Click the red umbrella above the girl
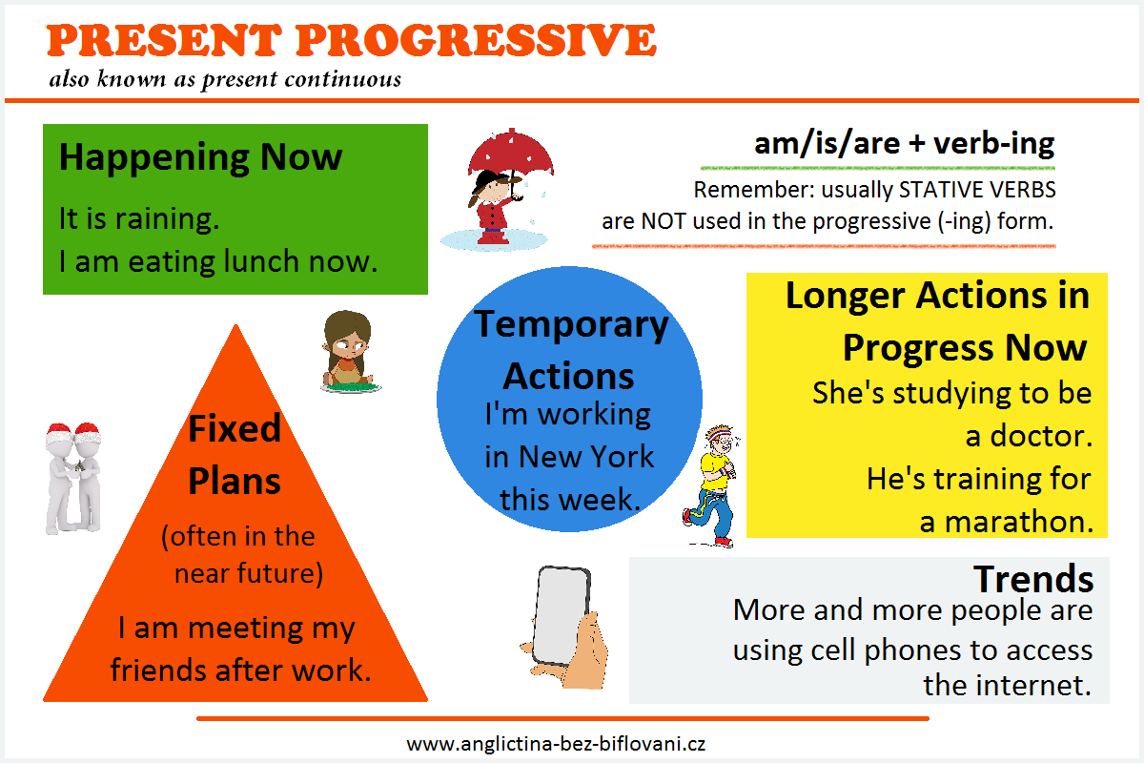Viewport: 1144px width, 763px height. pyautogui.click(x=510, y=154)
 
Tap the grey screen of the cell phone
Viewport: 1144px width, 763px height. pyautogui.click(x=561, y=615)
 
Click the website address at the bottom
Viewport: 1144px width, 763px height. pyautogui.click(x=556, y=744)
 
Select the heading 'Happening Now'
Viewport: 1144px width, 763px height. pyautogui.click(x=201, y=158)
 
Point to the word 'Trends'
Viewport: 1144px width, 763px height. pyautogui.click(x=1033, y=579)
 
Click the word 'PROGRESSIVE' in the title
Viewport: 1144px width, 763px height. pyautogui.click(x=476, y=40)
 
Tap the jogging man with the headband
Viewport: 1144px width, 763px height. pyautogui.click(x=711, y=486)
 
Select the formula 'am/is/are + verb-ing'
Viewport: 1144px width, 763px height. pyautogui.click(x=904, y=144)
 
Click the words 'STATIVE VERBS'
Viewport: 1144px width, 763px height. pyautogui.click(x=977, y=190)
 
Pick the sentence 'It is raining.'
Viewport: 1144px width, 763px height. pyautogui.click(x=139, y=218)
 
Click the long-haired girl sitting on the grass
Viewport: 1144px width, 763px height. pyautogui.click(x=349, y=352)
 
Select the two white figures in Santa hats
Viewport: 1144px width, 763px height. pyautogui.click(x=73, y=479)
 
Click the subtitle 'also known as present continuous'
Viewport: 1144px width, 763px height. pyautogui.click(x=225, y=80)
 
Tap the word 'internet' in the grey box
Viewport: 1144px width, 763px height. pyautogui.click(x=1030, y=686)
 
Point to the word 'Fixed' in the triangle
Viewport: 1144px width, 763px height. pyautogui.click(x=235, y=428)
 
